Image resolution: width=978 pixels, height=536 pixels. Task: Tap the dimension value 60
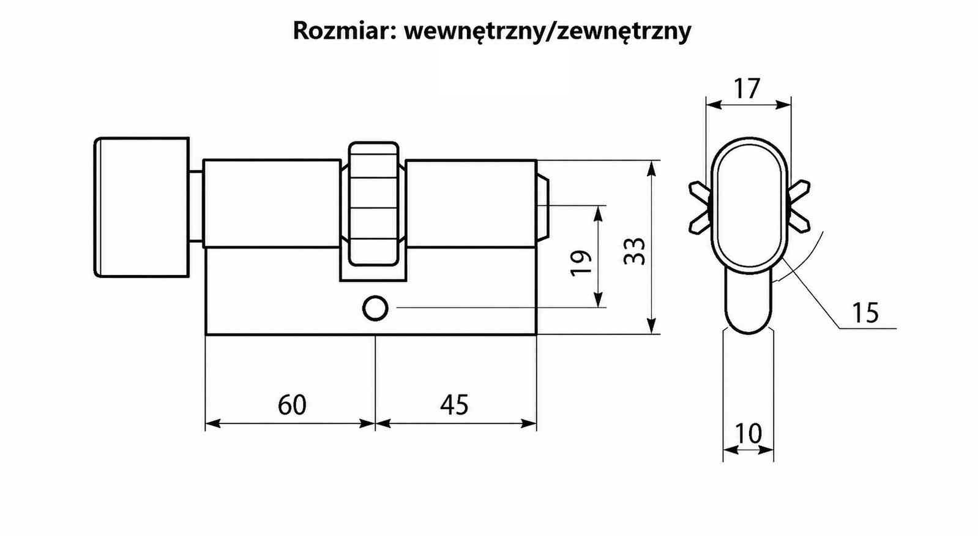[x=292, y=404]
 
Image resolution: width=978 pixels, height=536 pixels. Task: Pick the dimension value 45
[x=454, y=404]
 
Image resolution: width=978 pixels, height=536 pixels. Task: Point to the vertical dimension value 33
[x=634, y=251]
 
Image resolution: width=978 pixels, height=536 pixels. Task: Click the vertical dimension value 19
[x=581, y=263]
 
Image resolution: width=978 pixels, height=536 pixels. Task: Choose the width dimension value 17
[x=747, y=89]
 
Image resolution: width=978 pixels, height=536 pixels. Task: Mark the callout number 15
[x=865, y=313]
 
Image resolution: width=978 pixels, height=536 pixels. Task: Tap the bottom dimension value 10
[x=748, y=433]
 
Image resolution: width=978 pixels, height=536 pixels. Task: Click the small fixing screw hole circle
[x=375, y=308]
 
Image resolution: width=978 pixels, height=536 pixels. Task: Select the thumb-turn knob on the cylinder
[x=142, y=207]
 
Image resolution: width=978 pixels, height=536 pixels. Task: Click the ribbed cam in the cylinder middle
[x=373, y=204]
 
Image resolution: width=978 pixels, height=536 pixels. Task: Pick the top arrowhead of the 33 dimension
[x=651, y=168]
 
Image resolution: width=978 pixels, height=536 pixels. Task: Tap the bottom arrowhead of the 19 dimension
[x=599, y=300]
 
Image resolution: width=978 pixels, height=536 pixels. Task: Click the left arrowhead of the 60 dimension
[x=212, y=424]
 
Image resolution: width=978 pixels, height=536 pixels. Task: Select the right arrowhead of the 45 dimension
[x=529, y=424]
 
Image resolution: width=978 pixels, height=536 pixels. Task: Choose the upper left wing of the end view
[x=700, y=192]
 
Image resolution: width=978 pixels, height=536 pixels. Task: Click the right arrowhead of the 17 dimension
[x=783, y=105]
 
